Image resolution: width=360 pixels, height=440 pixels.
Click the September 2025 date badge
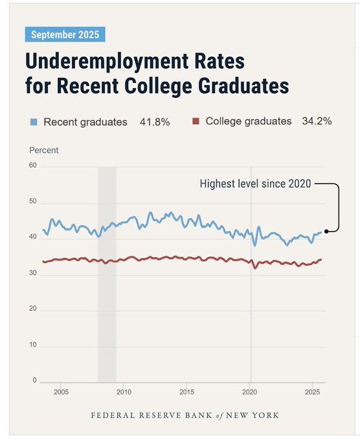(x=65, y=34)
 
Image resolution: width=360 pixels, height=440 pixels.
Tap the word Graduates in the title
(x=243, y=86)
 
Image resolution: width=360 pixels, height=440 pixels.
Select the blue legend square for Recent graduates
(x=34, y=122)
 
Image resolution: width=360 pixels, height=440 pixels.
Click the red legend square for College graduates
(x=196, y=121)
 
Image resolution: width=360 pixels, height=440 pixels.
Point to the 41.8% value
(x=155, y=122)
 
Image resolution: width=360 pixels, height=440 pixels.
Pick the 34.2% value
(x=317, y=121)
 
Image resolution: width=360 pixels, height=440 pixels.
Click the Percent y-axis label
(x=44, y=150)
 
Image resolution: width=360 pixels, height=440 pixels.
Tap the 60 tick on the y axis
(x=33, y=165)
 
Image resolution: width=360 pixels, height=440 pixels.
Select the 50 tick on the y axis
(x=33, y=201)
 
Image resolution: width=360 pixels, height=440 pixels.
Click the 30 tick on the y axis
(x=33, y=273)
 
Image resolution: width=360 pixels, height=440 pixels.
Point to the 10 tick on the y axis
(x=33, y=345)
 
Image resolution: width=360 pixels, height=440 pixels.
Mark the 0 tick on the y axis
(x=35, y=380)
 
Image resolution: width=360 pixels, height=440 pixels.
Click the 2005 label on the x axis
(x=61, y=392)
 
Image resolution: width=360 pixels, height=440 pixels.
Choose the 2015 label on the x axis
(x=186, y=392)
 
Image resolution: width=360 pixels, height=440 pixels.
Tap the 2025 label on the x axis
(x=312, y=392)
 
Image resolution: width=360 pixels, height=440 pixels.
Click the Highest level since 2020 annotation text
(x=255, y=184)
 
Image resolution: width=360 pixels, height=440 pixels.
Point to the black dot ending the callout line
(x=326, y=231)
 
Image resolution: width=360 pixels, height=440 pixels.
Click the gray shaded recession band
(x=107, y=275)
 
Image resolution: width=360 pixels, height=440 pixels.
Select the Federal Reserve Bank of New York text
(x=185, y=415)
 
